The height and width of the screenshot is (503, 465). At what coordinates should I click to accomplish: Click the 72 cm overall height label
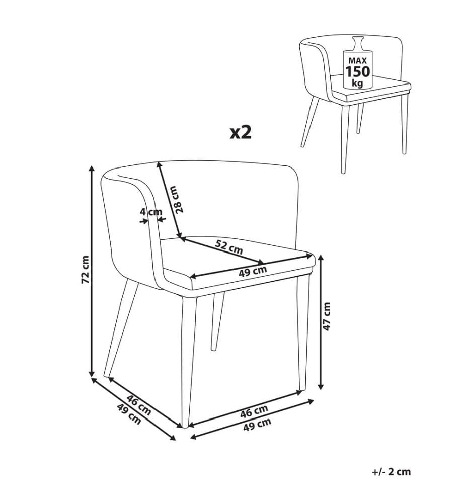pos(85,270)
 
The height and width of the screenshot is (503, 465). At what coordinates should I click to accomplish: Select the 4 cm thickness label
pos(151,212)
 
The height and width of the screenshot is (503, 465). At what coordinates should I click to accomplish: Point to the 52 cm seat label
pos(229,247)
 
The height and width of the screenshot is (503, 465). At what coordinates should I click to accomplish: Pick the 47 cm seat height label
pos(327,316)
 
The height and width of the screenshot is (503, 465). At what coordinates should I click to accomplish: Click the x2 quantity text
pos(241,132)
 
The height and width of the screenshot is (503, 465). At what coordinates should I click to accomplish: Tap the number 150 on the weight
pos(357,71)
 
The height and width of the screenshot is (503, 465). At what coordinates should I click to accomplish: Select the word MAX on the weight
pos(357,61)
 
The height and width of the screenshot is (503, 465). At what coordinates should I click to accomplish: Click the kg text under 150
pos(357,83)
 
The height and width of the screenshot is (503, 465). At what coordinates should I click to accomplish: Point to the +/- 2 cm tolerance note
pos(391,472)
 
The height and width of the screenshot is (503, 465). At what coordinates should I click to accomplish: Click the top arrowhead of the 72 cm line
pos(92,169)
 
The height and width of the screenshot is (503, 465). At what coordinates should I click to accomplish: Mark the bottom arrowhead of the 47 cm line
pos(321,387)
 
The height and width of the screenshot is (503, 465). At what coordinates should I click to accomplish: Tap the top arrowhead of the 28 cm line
pos(158,164)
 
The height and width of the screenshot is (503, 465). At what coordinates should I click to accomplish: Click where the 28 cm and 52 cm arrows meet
pos(181,238)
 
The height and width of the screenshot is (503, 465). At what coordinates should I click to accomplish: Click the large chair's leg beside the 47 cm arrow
pos(303,333)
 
